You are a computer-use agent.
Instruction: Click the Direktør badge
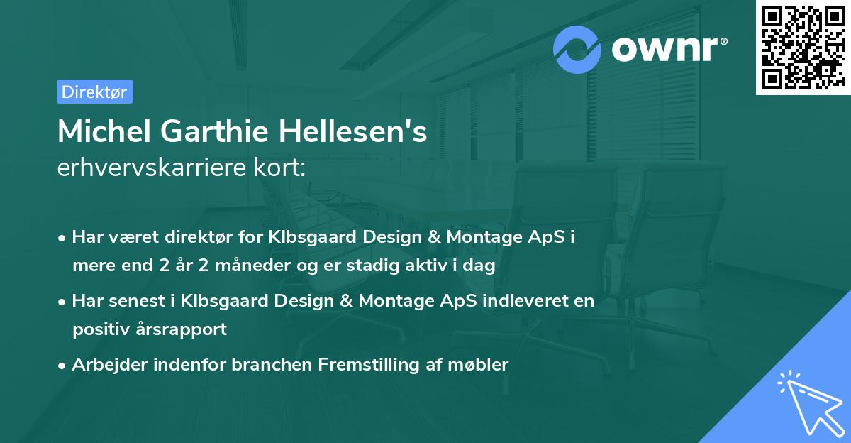coord(94,92)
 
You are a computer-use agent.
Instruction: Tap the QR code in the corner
coord(803,48)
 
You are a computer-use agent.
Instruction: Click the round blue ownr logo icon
coord(577,49)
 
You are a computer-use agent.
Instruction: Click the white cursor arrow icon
coord(808,401)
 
